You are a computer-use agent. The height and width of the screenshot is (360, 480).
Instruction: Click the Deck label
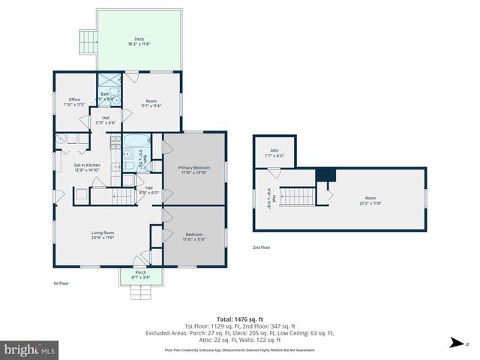point(139,39)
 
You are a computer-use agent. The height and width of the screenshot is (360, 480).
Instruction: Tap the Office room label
point(74,100)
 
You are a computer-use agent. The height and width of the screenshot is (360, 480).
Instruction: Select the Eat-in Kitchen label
point(87,165)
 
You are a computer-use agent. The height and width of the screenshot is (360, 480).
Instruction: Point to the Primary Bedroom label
point(193,167)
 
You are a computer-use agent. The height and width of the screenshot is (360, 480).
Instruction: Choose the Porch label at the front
point(140,272)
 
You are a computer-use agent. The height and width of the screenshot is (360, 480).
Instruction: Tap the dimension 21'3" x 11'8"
point(370,203)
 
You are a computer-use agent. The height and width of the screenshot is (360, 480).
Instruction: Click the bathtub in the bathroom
point(136,142)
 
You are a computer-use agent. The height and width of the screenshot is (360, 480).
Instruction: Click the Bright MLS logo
point(29,349)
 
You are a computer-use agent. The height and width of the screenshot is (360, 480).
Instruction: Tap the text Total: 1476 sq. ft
point(239,319)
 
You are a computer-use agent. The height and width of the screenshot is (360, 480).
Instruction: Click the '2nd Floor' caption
point(262,247)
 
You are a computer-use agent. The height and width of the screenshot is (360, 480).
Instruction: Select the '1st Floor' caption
point(61,283)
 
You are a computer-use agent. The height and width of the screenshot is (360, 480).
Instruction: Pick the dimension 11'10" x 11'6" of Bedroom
point(193,239)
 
